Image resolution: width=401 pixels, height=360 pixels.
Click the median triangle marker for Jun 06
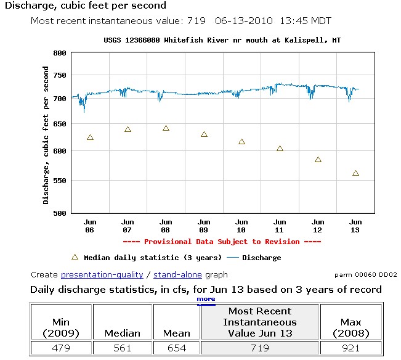click(x=90, y=137)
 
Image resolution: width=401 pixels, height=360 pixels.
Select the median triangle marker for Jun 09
click(x=204, y=134)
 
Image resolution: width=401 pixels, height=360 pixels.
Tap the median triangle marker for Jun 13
click(x=355, y=173)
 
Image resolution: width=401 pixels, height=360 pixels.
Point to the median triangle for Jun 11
click(x=280, y=149)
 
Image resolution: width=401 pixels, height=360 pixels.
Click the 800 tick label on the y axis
click(x=59, y=53)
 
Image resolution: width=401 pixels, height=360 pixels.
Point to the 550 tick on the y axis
click(x=59, y=181)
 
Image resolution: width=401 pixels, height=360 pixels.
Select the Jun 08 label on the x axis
click(x=166, y=226)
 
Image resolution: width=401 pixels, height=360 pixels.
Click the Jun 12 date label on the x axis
click(x=318, y=226)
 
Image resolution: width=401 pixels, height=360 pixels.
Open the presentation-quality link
click(x=102, y=274)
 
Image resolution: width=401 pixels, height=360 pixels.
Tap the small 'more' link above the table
click(x=206, y=299)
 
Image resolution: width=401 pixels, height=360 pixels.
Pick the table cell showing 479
click(x=60, y=348)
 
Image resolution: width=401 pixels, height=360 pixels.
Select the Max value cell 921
click(x=350, y=348)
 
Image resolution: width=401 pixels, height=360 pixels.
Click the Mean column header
click(x=176, y=333)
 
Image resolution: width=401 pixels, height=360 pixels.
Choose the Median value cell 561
click(x=123, y=348)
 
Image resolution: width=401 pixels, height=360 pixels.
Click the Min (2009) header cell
click(x=60, y=327)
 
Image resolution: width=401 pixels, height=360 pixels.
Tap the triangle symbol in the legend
click(x=75, y=257)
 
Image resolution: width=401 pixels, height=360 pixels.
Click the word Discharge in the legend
click(x=261, y=258)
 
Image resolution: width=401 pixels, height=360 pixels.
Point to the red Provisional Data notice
click(x=222, y=242)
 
